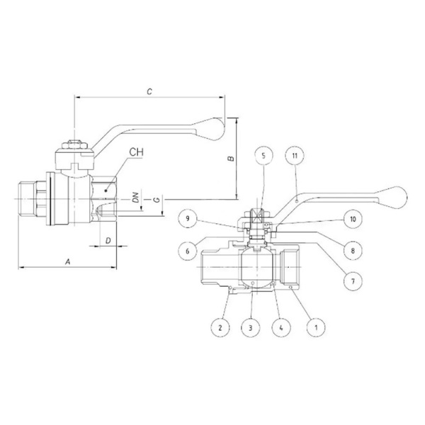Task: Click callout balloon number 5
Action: point(263,156)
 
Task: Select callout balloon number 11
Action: point(295,156)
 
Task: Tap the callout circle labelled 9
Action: point(188,219)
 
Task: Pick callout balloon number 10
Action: point(353,219)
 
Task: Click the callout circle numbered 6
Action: point(188,251)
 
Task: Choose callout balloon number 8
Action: point(353,251)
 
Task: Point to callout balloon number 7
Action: point(353,281)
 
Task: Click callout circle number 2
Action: point(220,328)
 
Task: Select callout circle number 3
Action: point(251,328)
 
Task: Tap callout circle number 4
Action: point(281,328)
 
